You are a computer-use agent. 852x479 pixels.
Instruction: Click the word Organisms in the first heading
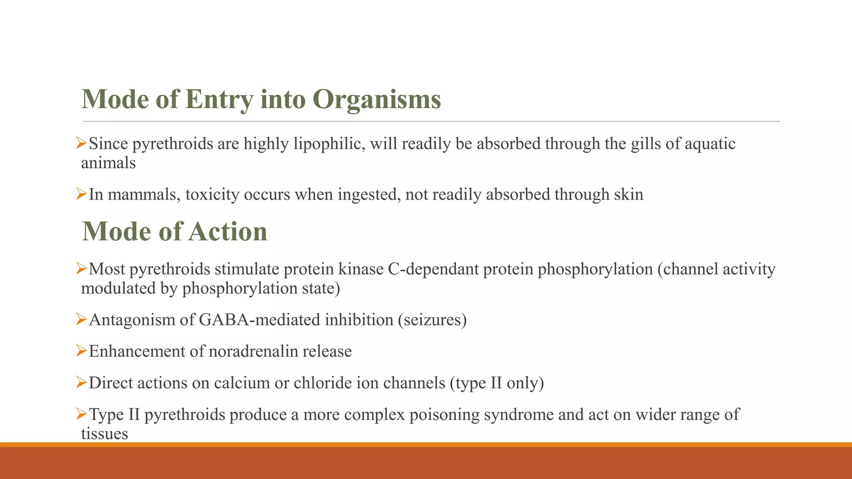pyautogui.click(x=376, y=100)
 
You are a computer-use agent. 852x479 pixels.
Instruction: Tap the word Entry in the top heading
pyautogui.click(x=219, y=100)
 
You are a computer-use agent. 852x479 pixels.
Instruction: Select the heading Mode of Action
pyautogui.click(x=175, y=232)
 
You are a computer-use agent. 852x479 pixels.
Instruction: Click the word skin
pyautogui.click(x=629, y=195)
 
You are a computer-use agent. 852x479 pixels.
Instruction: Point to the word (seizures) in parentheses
pyautogui.click(x=432, y=320)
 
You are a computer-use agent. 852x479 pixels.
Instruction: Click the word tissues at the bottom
pyautogui.click(x=104, y=434)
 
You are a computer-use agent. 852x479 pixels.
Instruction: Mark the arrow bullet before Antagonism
pyautogui.click(x=81, y=319)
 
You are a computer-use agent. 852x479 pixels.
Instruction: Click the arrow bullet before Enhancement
pyautogui.click(x=81, y=351)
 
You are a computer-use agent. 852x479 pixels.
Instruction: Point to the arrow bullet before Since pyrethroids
pyautogui.click(x=81, y=143)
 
